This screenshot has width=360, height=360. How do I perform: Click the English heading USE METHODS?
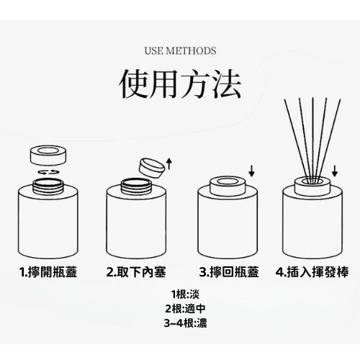(180, 51)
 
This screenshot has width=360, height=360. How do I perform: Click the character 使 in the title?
(136, 84)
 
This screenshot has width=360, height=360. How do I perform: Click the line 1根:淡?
(180, 294)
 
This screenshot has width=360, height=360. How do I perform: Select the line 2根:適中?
(180, 309)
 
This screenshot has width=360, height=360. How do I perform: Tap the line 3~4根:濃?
(180, 323)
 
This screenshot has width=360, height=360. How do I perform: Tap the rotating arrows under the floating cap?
(48, 174)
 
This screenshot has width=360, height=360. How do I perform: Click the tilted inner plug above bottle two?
(151, 166)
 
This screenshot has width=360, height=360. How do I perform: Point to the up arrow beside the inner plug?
(169, 163)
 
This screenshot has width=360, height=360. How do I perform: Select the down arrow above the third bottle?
(251, 171)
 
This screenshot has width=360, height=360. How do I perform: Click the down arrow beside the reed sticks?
(336, 171)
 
